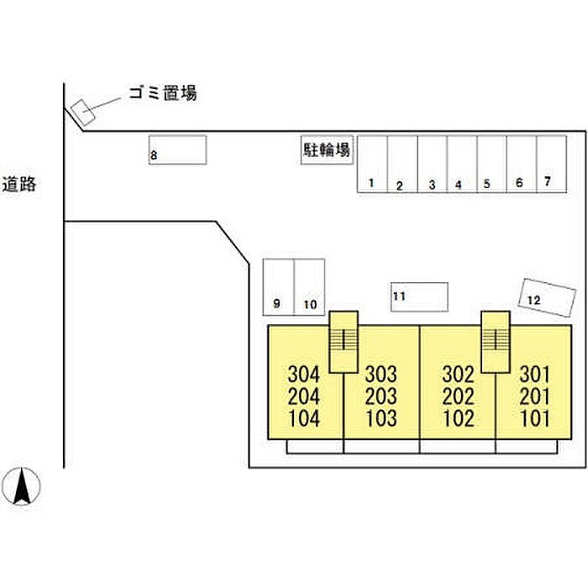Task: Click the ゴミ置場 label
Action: [x=162, y=93]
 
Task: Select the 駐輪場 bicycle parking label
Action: [x=327, y=150]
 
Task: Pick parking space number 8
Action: [x=177, y=150]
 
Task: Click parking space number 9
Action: [x=278, y=286]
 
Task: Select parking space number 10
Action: [x=309, y=286]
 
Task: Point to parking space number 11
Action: [x=419, y=297]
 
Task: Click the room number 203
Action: [x=380, y=396]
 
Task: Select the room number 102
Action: [x=458, y=418]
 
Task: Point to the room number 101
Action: [x=534, y=418]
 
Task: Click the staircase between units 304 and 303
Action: [x=343, y=341]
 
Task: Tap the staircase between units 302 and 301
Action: [x=495, y=341]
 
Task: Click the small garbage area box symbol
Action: [x=81, y=112]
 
